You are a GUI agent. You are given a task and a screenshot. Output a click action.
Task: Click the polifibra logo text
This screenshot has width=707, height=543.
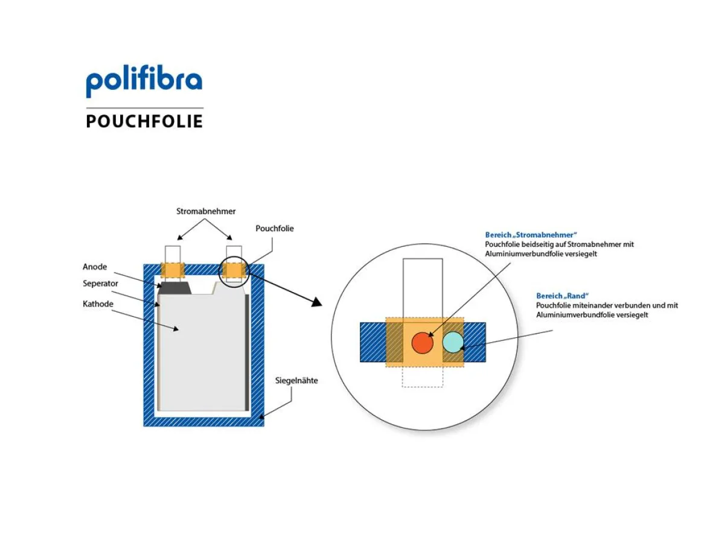tap(144, 80)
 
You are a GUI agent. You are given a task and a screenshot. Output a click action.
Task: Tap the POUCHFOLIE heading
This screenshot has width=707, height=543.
tap(144, 121)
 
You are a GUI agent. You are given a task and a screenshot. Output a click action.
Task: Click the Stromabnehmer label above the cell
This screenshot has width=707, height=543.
tap(206, 212)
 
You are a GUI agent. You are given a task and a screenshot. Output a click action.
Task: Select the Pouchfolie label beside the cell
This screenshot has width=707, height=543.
tap(275, 229)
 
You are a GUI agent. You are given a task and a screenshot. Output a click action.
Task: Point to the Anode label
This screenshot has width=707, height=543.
tap(95, 267)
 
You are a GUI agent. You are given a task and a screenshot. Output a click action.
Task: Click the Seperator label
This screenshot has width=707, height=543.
tap(100, 284)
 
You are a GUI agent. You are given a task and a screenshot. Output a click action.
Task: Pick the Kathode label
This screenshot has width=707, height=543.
tap(98, 303)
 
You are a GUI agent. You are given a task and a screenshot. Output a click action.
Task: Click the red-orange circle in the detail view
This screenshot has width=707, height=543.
tap(423, 342)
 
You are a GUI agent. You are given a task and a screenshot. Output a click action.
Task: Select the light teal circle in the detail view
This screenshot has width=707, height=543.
tap(453, 341)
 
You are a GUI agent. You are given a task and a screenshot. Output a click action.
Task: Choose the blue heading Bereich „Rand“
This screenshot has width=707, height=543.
tap(561, 296)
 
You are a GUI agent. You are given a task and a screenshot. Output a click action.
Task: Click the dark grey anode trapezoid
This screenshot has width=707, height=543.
tap(175, 288)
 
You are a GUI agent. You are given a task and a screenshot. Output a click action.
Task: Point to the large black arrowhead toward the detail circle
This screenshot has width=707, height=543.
tap(317, 301)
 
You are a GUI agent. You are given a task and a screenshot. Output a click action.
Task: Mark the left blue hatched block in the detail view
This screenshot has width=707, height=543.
tap(373, 342)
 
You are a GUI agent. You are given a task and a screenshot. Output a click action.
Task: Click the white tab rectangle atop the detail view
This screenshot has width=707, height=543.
tap(423, 287)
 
